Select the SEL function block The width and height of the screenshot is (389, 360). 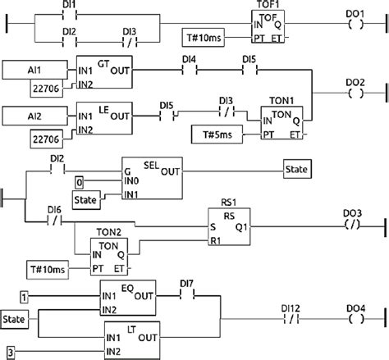151,176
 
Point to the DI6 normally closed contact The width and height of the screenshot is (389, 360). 55,221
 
